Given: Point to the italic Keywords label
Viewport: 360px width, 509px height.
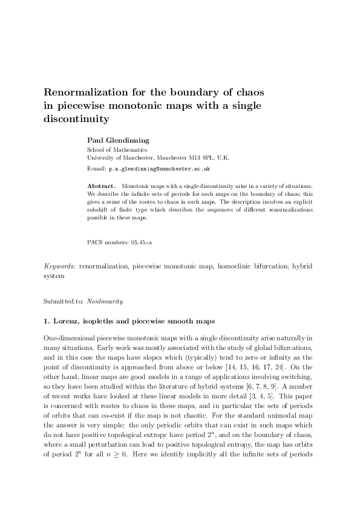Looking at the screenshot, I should click(59, 265).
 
